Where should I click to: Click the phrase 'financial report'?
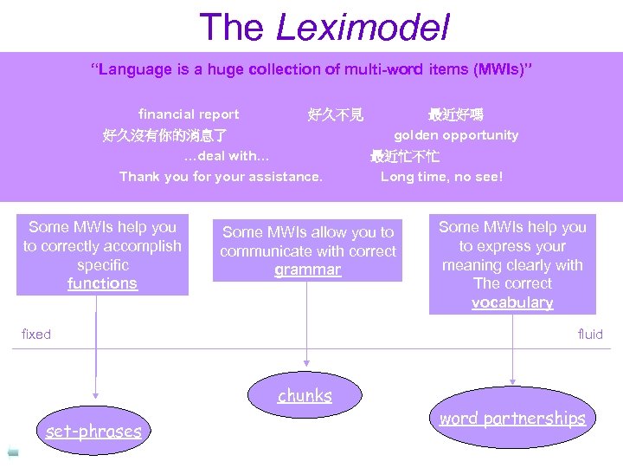[x=189, y=114]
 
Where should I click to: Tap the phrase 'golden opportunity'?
[x=456, y=135]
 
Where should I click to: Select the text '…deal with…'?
[x=227, y=156]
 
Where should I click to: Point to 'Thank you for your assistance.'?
[x=221, y=177]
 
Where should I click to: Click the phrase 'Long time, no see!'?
[x=441, y=177]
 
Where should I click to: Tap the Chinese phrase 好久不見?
[x=336, y=114]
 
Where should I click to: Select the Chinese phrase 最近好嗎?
[x=456, y=114]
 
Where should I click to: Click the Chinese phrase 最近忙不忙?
[x=405, y=157]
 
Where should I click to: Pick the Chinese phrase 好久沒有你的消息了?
[x=164, y=136]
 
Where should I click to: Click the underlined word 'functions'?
[x=102, y=283]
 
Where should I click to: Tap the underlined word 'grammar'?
[x=307, y=270]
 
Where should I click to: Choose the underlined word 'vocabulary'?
[x=512, y=302]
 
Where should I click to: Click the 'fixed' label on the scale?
[x=36, y=335]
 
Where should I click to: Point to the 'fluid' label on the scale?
[x=590, y=335]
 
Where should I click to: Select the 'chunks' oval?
[x=305, y=396]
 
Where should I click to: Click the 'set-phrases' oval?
[x=93, y=431]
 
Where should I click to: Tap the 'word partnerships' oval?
[x=512, y=419]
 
